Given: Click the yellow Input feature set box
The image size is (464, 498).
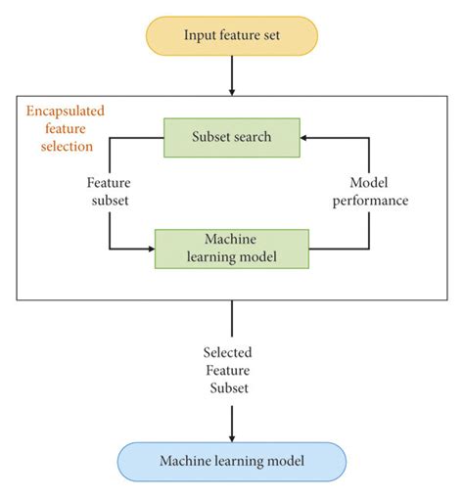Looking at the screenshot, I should [x=231, y=36].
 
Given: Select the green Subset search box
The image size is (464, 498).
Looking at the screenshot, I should [x=231, y=136].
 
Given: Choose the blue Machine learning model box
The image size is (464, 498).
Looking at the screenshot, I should [x=231, y=461].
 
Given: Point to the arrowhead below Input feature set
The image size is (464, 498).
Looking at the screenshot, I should [x=232, y=90].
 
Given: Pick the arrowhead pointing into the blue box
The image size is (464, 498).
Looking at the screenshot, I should [x=232, y=436].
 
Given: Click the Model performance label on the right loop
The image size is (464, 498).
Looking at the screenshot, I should [x=368, y=193].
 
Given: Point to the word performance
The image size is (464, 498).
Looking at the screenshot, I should [x=368, y=201].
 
